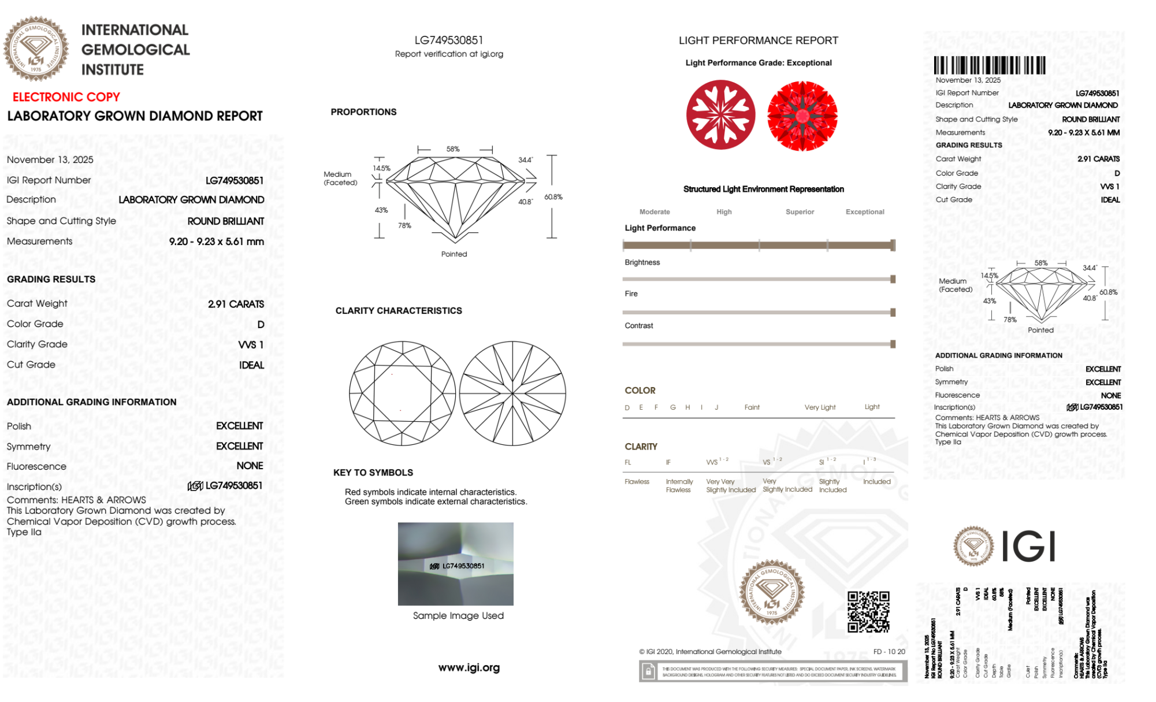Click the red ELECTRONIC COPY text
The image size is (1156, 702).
pos(66,97)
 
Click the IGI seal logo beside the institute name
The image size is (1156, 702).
pos(36,49)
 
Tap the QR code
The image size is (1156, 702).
pos(868,612)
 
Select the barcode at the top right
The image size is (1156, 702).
pos(989,65)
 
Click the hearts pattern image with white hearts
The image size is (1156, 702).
pos(720,114)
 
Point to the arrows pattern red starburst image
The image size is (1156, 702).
pos(802,116)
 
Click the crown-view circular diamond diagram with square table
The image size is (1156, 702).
pos(402,393)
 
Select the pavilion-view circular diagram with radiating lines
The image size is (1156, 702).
pos(512,393)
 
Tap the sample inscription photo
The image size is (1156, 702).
pos(455,564)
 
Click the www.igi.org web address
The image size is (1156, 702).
pos(469,668)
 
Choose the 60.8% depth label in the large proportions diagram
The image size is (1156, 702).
pos(553,197)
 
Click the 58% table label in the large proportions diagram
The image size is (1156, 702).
pos(453,149)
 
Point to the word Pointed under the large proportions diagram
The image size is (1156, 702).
pos(454,254)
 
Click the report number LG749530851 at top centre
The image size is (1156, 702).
pos(449,40)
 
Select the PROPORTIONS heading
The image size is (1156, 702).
pos(363,112)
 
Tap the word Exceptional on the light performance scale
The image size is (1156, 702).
pos(864,212)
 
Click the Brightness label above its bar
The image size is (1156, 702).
pos(642,262)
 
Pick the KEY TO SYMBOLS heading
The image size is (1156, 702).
pos(373,473)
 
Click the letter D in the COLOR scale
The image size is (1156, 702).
pos(627,407)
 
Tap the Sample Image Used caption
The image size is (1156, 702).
pos(458,616)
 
